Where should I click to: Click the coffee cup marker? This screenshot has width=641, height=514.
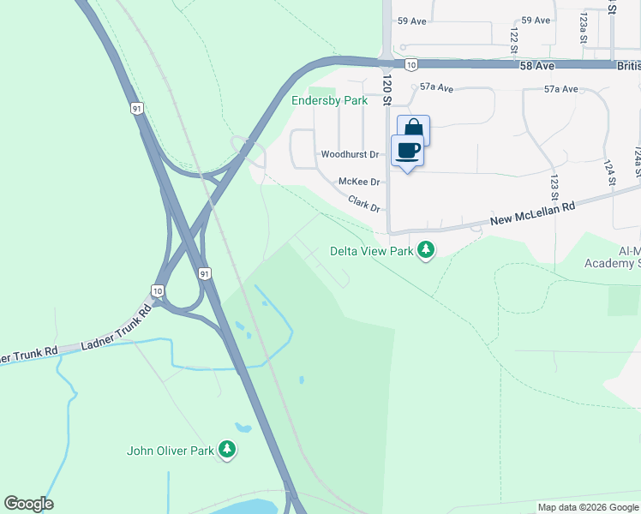click(408, 151)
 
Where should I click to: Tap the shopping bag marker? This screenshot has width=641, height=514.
click(414, 130)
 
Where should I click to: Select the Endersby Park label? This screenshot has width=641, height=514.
click(330, 100)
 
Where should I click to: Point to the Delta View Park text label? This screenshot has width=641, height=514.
click(372, 252)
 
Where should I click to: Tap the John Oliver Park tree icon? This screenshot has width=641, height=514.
click(227, 449)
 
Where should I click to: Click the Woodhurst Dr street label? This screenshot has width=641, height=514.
click(350, 155)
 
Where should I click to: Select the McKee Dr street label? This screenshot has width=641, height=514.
click(359, 182)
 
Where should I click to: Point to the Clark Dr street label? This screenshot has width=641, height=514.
click(364, 203)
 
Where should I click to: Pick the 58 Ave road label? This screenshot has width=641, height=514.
click(537, 65)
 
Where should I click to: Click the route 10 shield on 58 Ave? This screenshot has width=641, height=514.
click(411, 64)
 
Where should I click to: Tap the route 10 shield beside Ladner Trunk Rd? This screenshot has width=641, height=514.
click(158, 290)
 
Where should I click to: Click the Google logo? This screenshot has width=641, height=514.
click(28, 504)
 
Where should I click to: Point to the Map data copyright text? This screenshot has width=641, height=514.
click(588, 507)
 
